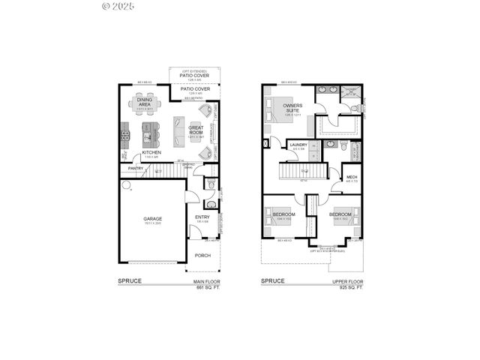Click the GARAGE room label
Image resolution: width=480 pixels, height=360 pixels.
(x=153, y=219)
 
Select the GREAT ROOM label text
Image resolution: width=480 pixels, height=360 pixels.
(x=196, y=130)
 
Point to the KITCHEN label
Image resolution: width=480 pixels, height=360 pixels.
(x=152, y=153)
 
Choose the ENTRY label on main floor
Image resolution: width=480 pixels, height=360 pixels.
(x=202, y=217)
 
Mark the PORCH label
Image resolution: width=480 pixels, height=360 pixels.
(x=202, y=255)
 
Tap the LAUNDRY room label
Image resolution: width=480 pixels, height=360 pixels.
(x=298, y=145)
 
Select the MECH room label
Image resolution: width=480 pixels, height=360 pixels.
(x=352, y=177)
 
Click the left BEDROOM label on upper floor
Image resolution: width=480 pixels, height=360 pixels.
(x=284, y=214)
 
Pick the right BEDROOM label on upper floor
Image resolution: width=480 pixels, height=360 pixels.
(x=340, y=214)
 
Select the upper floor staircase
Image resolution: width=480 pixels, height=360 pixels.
(x=304, y=172)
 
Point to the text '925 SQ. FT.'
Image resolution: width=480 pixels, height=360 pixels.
(x=350, y=287)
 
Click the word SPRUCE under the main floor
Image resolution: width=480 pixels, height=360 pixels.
(x=129, y=281)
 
